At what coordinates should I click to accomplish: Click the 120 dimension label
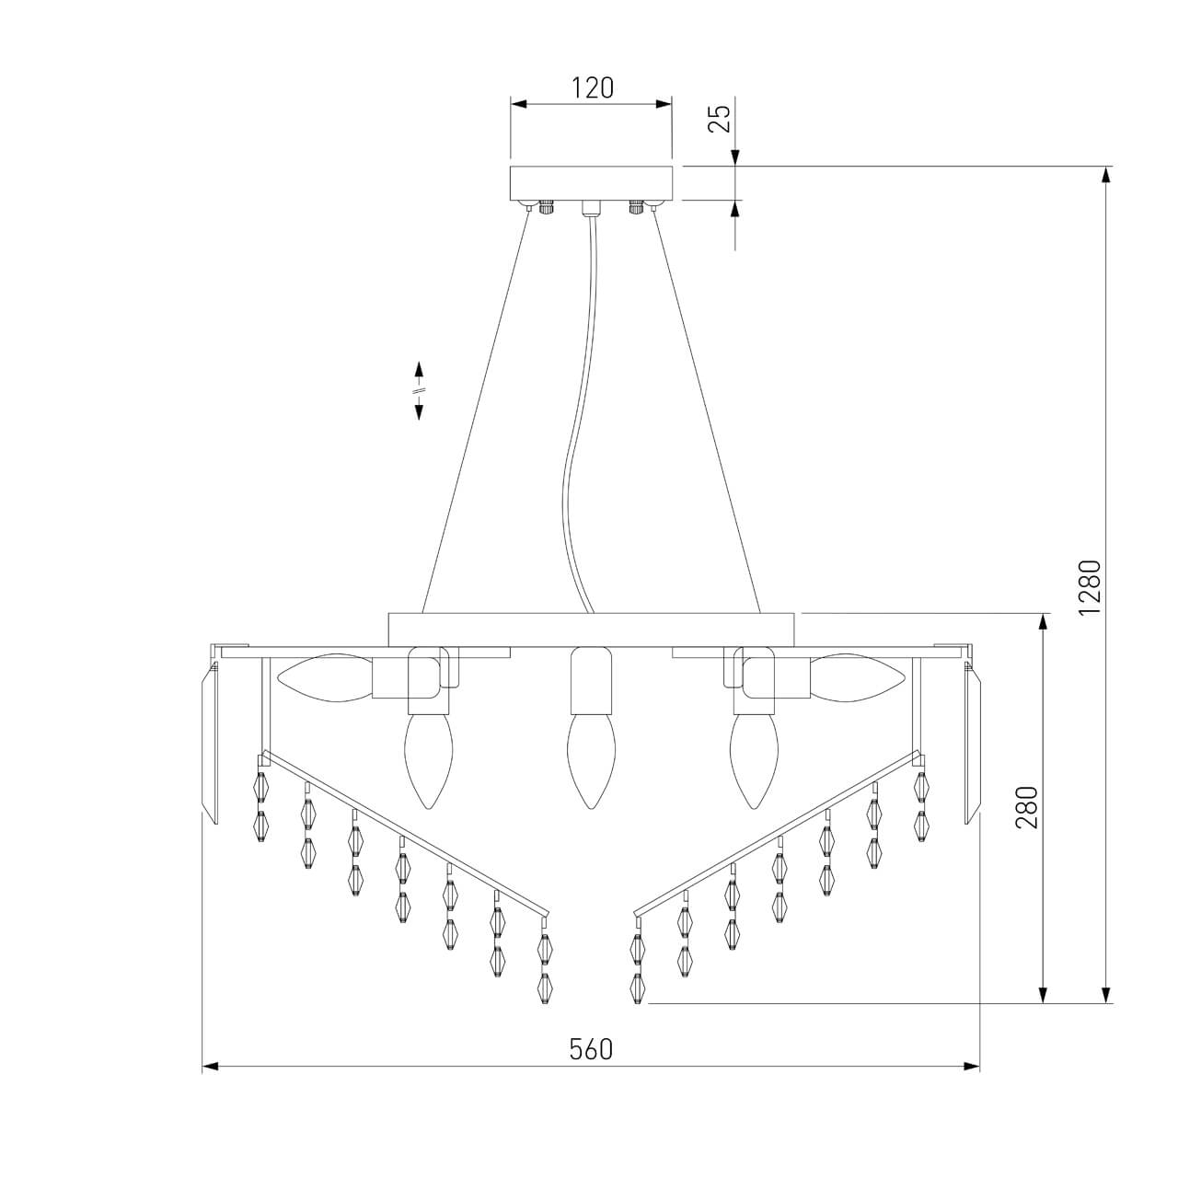(592, 88)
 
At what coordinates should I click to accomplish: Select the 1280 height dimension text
(1090, 587)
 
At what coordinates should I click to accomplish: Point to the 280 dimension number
(1026, 807)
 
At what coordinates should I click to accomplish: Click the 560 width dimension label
(591, 1050)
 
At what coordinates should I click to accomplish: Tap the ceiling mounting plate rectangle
(591, 182)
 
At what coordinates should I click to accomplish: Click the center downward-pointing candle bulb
(590, 762)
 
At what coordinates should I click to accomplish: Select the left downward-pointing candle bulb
(429, 762)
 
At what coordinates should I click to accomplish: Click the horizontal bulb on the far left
(324, 678)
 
